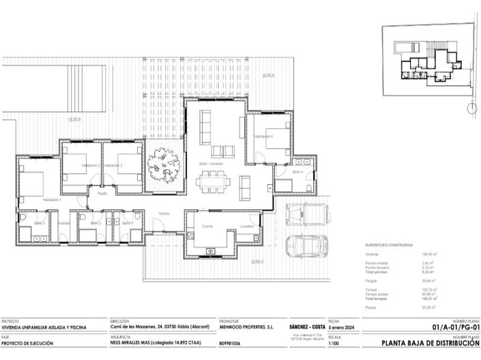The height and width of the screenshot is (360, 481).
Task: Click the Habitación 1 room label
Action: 51,200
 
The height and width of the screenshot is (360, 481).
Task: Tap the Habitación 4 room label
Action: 263,136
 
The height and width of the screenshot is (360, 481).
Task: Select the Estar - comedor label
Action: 212,164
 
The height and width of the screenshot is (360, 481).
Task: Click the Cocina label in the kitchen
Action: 207,226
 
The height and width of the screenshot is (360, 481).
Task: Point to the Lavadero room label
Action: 247,226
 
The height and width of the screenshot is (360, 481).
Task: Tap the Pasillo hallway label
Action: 102,193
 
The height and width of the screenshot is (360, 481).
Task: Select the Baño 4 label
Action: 297,172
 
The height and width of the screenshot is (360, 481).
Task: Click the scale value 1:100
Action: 334,344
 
